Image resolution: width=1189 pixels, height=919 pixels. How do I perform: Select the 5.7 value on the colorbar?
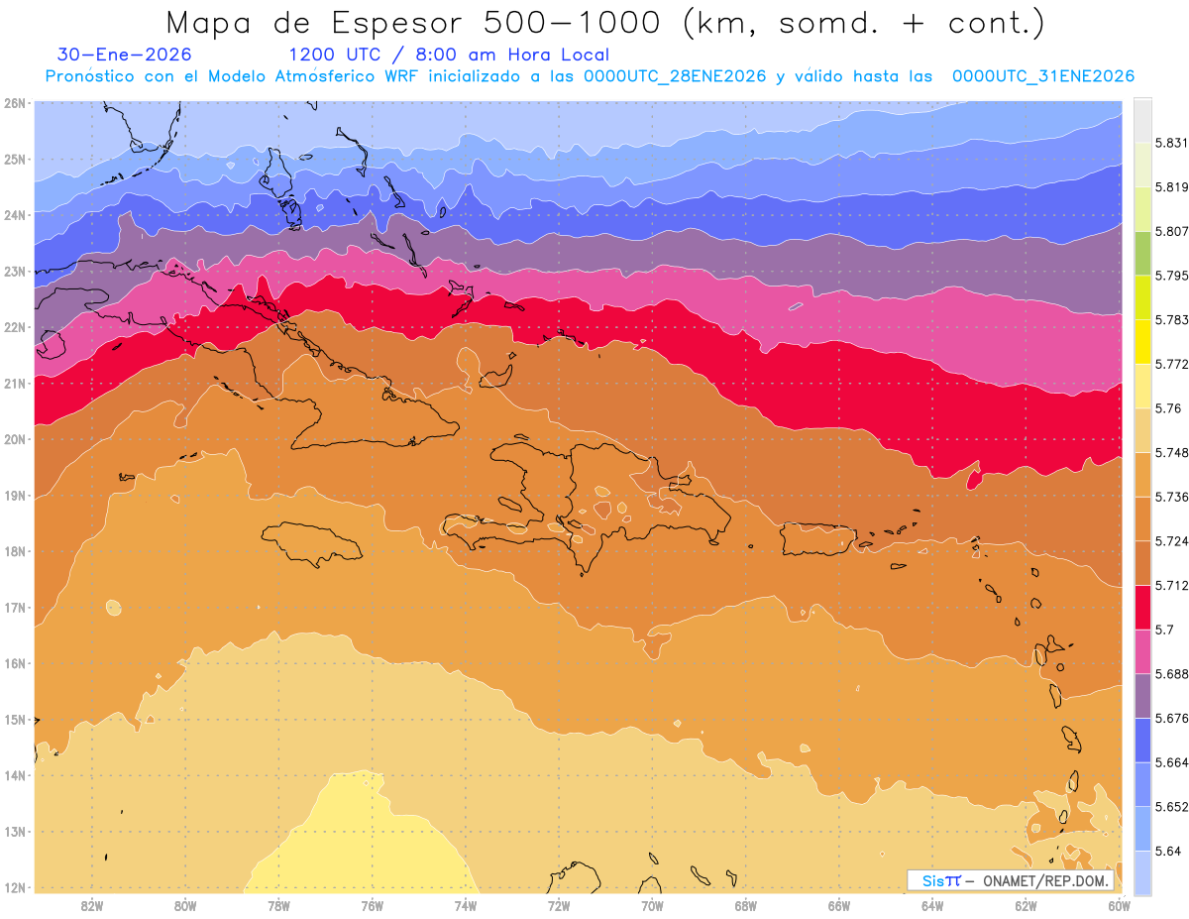point(1163,630)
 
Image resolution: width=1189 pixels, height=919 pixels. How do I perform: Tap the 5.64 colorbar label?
point(1167,851)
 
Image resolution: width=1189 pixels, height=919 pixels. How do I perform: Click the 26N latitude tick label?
point(15,103)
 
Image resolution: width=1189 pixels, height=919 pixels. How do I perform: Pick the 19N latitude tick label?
point(15,496)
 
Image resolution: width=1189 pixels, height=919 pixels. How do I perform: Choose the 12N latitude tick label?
point(15,887)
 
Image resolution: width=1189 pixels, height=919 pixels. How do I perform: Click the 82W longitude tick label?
point(92,905)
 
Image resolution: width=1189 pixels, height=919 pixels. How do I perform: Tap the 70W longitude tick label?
point(652,905)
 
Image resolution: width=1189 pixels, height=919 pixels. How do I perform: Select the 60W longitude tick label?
point(1119,905)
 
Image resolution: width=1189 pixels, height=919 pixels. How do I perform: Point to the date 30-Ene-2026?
point(124,55)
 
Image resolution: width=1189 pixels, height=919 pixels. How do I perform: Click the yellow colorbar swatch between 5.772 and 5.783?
point(1142,348)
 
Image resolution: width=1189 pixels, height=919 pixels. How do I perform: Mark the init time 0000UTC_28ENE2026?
point(674,76)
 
